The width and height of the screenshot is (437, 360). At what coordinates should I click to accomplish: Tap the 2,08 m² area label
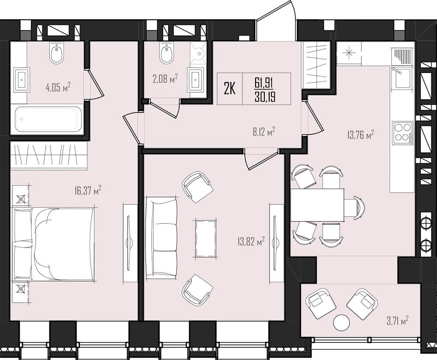coord(165,79)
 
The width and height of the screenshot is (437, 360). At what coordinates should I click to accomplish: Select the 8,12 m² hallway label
coord(264,131)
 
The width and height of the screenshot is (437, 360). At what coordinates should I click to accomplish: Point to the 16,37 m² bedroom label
coord(88,191)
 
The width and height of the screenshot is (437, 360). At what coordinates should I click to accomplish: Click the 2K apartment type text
coord(230,89)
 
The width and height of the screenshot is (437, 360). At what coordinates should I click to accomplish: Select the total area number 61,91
coord(263,83)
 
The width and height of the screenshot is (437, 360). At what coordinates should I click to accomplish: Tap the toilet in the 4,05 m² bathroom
coord(56,53)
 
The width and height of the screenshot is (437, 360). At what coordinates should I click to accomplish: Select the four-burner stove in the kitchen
coord(403,133)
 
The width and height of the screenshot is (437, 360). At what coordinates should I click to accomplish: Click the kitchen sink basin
coord(401,78)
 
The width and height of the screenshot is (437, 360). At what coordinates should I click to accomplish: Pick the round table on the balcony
coord(341,322)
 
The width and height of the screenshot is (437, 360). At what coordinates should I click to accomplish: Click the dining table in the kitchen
coord(317,205)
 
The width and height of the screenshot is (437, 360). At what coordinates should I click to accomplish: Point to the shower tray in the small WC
coord(198,54)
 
